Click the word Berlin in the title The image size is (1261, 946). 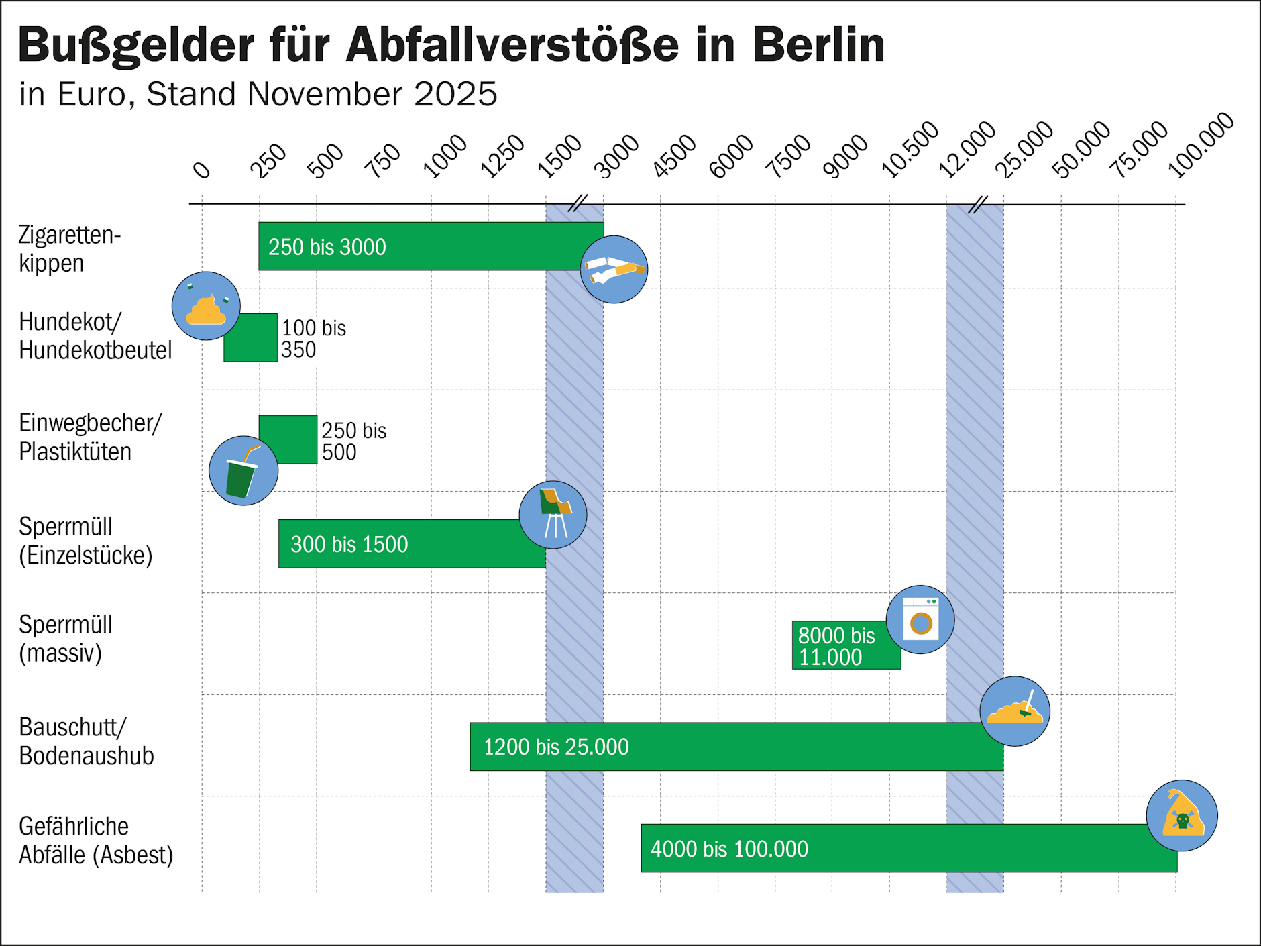(x=818, y=46)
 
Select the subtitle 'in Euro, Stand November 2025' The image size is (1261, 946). (x=258, y=94)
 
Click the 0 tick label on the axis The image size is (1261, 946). (x=201, y=170)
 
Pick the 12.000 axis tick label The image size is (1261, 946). (x=967, y=151)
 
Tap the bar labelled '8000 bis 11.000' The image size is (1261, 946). (x=845, y=645)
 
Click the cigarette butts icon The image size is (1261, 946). (x=614, y=269)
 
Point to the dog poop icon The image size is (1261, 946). (x=206, y=306)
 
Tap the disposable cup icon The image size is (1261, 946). (x=243, y=470)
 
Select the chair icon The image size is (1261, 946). (x=553, y=515)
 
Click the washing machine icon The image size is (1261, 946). (x=920, y=619)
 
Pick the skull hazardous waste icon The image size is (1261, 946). (x=1182, y=815)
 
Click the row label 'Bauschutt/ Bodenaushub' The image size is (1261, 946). (x=86, y=741)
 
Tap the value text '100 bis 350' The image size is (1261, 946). (x=313, y=339)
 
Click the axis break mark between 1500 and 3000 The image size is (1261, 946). (x=577, y=203)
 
